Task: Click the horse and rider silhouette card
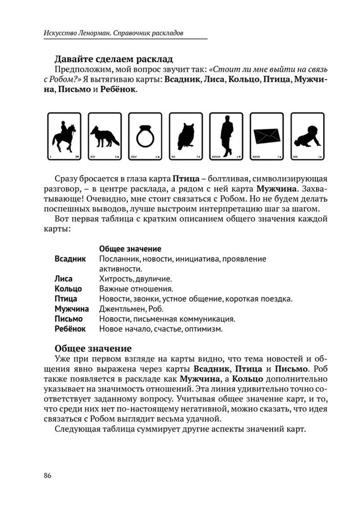point(64,136)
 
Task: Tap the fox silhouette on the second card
point(104,136)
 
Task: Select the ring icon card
point(145,136)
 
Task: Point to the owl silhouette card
point(186,136)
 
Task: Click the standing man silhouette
point(226,136)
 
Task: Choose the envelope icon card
point(267,136)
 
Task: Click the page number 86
point(48,475)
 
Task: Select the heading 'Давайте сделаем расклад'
point(113,59)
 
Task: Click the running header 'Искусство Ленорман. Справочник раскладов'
point(113,33)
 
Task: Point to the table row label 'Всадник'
point(70,259)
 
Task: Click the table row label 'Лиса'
point(63,279)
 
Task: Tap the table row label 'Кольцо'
point(68,289)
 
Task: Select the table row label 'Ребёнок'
point(70,329)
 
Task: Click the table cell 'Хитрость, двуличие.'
point(135,279)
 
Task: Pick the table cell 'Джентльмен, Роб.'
point(131,309)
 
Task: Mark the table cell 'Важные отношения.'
point(136,289)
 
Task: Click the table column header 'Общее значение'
point(130,249)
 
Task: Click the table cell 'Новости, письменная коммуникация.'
point(167,319)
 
